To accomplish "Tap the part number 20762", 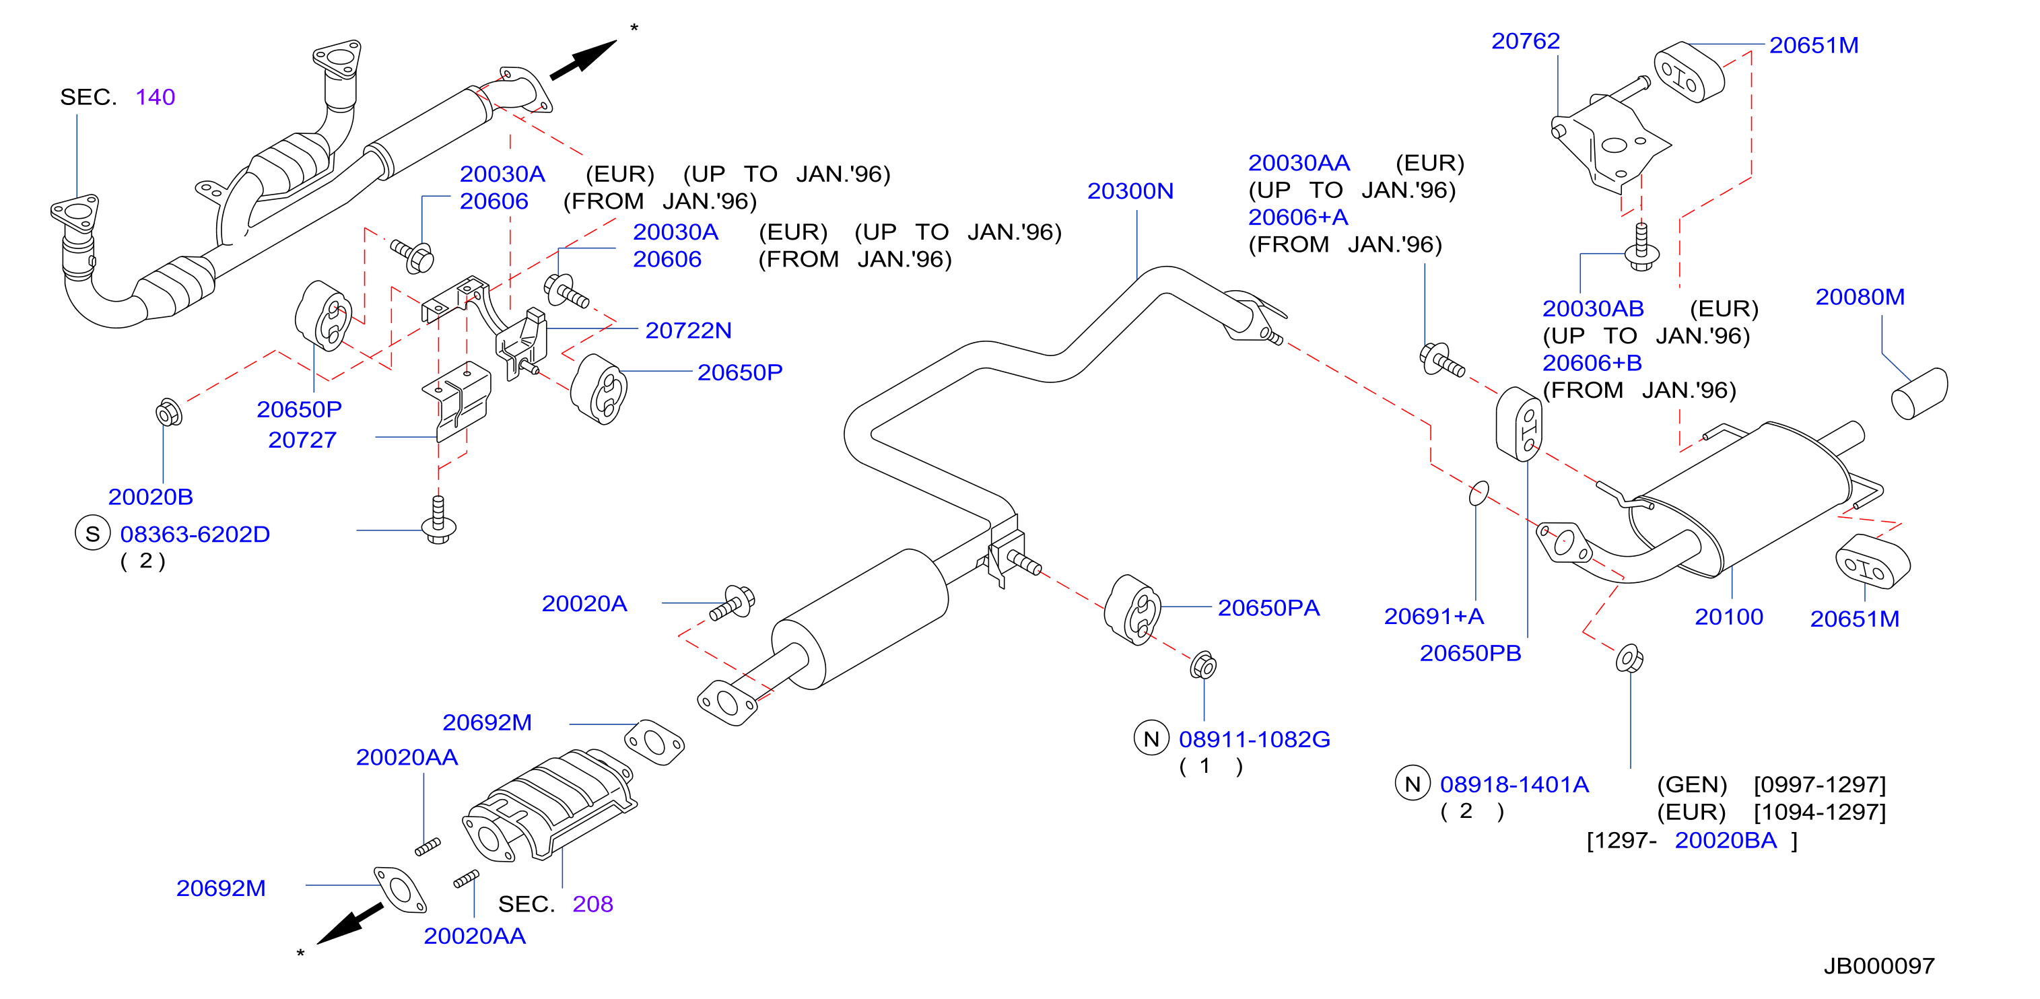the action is (x=1525, y=41).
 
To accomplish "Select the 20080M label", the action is (x=1860, y=297).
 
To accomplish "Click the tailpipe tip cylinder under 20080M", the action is (x=1919, y=393).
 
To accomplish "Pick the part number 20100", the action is (x=1729, y=617).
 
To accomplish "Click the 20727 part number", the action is (x=302, y=440).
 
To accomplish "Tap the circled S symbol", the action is (x=93, y=534).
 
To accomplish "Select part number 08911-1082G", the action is (x=1254, y=739).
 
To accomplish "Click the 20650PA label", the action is (x=1268, y=608).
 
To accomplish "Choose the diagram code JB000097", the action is (x=1879, y=966).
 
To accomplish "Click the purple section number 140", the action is (x=156, y=98).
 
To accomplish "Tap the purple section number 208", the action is (x=592, y=904).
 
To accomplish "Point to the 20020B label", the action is (x=150, y=496).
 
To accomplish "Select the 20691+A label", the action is (x=1433, y=616).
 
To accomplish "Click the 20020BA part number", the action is (x=1726, y=840).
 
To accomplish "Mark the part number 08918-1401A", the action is (x=1514, y=784).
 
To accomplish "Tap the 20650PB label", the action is (x=1470, y=653).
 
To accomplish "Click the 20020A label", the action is (x=584, y=603).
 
